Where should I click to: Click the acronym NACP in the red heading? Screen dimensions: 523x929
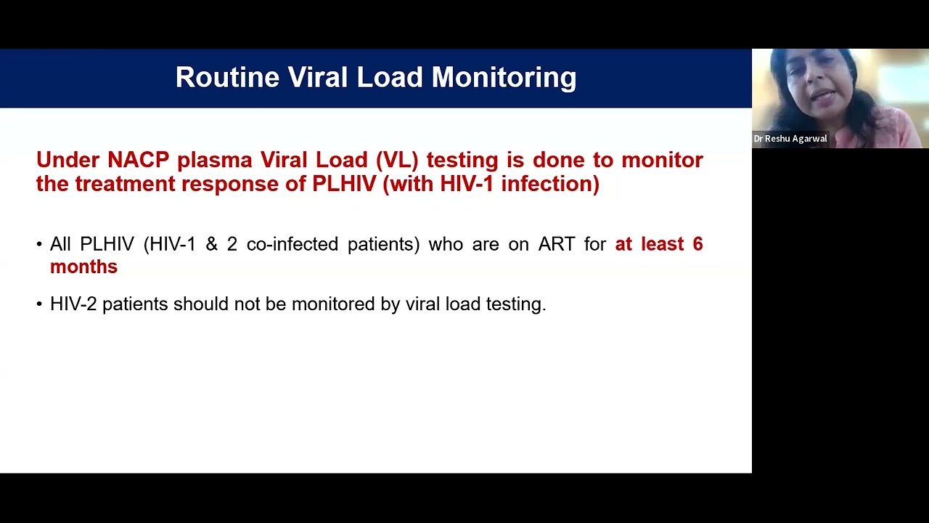139,160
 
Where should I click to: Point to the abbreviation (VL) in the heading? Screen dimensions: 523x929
397,160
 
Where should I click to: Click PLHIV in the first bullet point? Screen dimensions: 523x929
107,244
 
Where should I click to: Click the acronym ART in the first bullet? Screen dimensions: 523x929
557,244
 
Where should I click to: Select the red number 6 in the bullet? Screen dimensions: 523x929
697,244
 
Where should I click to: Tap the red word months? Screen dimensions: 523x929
83,267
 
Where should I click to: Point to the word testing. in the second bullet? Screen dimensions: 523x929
515,304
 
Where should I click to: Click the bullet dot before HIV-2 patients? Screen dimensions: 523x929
39,304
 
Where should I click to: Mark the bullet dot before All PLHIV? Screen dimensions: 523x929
39,245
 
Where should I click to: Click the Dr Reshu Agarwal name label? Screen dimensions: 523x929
790,139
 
